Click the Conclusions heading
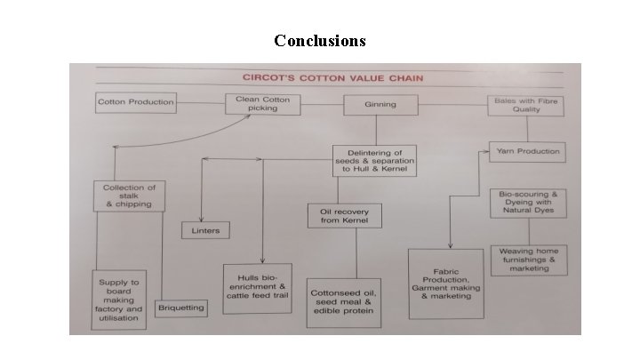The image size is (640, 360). [x=319, y=41]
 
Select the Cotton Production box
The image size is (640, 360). [x=135, y=102]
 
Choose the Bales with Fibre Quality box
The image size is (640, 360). [x=527, y=104]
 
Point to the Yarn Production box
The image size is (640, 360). [x=527, y=151]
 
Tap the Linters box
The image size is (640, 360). [x=205, y=230]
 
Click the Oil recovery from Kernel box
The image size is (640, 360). [x=345, y=215]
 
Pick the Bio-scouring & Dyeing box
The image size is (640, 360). [x=528, y=203]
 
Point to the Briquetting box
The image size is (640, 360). [x=180, y=308]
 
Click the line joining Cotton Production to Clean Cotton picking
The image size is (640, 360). [x=200, y=102]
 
